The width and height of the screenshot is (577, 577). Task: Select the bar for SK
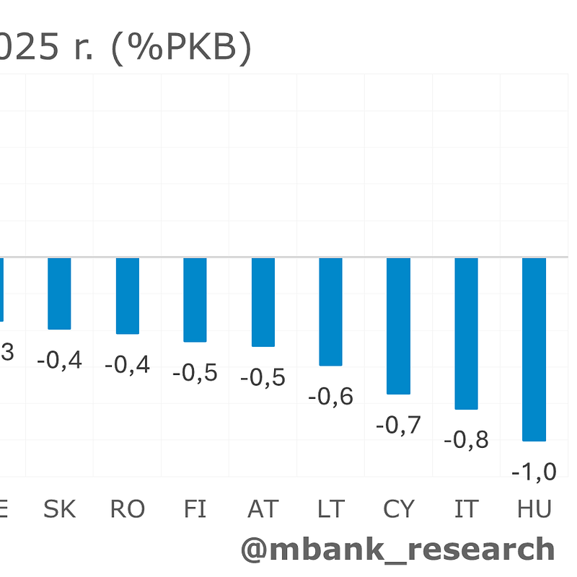59,293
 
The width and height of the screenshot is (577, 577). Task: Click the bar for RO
127,296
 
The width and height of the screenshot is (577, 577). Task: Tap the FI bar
195,299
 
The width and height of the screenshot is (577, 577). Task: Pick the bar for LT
330,312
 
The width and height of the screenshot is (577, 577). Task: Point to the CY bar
398,325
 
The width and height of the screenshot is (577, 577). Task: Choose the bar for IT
466,333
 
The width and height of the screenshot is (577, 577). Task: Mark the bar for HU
534,348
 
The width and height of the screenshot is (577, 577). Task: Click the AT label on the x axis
263,509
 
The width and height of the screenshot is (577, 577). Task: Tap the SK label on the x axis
59,509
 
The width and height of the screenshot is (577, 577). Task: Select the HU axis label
534,509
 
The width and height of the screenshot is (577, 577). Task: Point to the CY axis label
398,509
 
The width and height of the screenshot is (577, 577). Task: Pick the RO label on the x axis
127,509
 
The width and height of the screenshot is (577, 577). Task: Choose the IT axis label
466,509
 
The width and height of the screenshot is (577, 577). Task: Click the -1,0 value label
534,472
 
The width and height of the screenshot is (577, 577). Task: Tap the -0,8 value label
466,439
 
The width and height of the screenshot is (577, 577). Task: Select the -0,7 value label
398,425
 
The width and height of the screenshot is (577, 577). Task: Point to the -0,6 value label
330,396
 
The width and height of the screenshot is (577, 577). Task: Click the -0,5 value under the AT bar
263,377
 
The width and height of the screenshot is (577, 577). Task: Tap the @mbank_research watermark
397,549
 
